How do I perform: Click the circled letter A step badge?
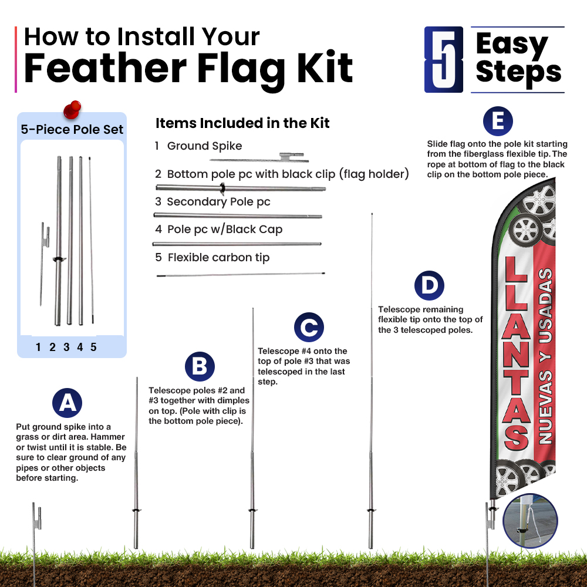[68, 403]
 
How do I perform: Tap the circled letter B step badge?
[200, 366]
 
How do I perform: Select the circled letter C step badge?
[309, 327]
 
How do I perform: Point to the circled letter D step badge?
[430, 286]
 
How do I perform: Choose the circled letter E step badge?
[498, 122]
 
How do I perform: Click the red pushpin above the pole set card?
[72, 109]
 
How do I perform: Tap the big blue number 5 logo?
[444, 59]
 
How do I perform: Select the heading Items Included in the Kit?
[242, 123]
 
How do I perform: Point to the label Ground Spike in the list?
[204, 146]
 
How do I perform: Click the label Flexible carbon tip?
[218, 258]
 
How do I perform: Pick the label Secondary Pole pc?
[218, 202]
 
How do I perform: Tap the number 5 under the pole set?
[93, 347]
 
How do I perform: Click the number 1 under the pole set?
[38, 347]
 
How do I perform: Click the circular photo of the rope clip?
[530, 521]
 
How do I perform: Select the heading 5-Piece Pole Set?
[72, 130]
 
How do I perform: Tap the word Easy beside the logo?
[512, 44]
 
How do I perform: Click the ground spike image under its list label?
[259, 157]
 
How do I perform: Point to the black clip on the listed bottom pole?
[222, 188]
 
